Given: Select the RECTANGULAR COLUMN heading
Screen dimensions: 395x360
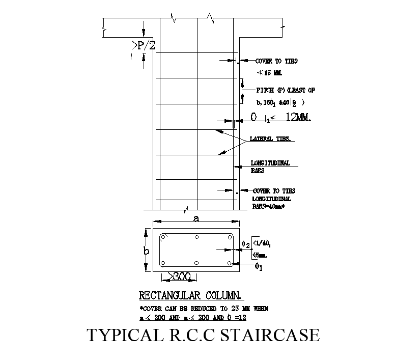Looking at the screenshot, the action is (191, 295).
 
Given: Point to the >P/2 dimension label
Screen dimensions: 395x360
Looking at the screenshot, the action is (144, 46).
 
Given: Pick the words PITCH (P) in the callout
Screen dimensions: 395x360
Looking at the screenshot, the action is (267, 90).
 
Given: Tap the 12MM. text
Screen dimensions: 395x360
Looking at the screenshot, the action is (298, 118).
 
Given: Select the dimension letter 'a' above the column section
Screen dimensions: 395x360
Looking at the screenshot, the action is (196, 219).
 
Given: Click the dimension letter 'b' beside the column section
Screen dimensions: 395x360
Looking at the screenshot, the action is (146, 251).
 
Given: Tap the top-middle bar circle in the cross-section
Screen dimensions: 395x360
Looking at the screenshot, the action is (196, 237).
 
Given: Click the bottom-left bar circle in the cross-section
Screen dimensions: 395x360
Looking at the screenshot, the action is (163, 264).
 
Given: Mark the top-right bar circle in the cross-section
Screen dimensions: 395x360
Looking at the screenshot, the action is (229, 237).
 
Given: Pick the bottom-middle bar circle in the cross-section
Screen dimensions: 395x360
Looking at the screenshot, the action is (196, 264).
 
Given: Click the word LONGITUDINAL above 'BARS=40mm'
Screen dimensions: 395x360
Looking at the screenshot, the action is (272, 199).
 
